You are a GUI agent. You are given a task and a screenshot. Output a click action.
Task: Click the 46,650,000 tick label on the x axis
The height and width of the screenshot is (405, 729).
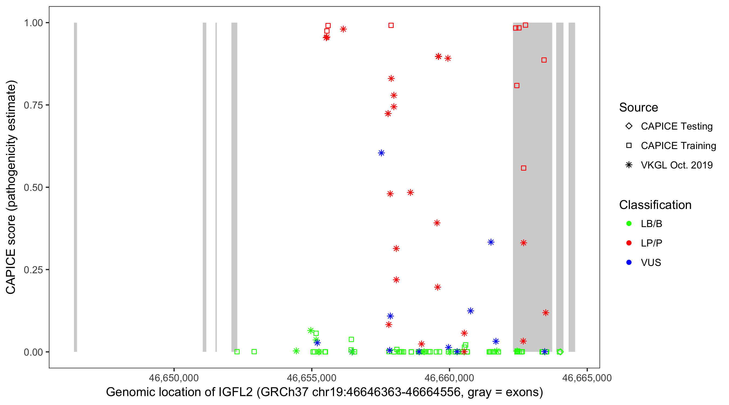(174, 378)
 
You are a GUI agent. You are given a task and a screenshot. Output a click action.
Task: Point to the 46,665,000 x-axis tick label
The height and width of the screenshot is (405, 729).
(587, 378)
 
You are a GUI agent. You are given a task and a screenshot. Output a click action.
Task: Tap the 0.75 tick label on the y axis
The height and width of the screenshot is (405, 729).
(33, 105)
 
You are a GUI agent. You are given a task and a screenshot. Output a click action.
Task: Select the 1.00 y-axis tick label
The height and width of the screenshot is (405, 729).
(33, 23)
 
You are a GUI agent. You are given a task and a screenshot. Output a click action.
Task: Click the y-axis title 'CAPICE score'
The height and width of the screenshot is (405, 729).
(11, 187)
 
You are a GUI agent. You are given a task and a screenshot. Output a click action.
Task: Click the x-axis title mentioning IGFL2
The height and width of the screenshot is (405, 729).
(324, 392)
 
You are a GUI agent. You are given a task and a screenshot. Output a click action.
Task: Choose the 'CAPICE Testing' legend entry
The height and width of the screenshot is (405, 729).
(677, 126)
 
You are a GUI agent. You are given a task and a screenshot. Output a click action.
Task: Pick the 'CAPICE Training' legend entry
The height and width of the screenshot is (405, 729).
(678, 146)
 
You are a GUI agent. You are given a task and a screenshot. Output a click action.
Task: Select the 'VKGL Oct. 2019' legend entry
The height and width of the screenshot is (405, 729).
(677, 165)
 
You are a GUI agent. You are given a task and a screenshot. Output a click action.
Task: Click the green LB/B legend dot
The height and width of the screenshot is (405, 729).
(629, 224)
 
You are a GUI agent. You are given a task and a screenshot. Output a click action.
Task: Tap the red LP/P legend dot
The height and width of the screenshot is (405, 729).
(629, 243)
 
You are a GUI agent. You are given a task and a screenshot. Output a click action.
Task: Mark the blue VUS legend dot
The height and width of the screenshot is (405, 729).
(629, 262)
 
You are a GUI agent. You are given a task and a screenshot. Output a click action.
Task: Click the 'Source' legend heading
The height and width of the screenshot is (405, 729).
(639, 107)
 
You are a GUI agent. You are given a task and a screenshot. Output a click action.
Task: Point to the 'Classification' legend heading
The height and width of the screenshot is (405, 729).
(655, 205)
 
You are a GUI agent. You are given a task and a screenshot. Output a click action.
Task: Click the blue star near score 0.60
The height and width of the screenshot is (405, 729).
(381, 153)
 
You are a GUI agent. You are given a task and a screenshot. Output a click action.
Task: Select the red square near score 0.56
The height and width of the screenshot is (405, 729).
(524, 168)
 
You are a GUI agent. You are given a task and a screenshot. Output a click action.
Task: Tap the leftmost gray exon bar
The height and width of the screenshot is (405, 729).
(76, 187)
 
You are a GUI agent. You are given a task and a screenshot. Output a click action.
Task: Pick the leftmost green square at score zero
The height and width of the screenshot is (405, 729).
(237, 352)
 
